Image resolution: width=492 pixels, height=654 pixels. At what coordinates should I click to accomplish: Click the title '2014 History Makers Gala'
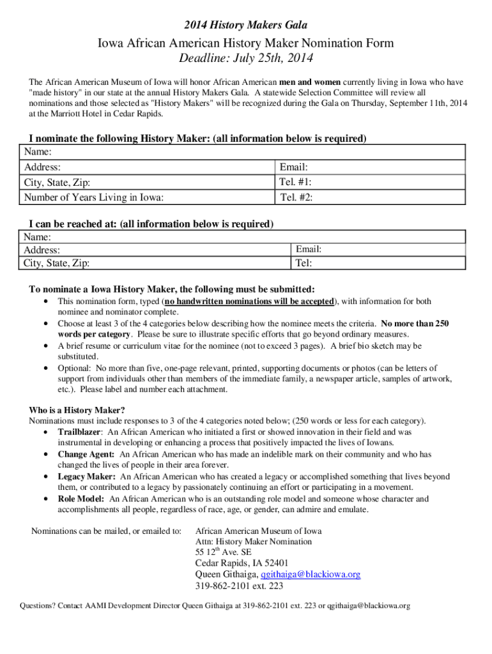tap(246, 25)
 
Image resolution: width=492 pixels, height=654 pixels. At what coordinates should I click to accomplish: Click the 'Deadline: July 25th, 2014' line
tap(246, 59)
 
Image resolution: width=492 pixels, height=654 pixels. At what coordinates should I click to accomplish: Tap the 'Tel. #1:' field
tap(370, 182)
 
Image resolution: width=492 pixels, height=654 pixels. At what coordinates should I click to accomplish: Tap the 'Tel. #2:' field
tap(370, 197)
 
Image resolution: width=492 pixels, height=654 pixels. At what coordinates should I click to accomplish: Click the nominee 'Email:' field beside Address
tap(370, 167)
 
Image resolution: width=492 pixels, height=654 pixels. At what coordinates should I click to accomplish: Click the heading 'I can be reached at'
tap(151, 224)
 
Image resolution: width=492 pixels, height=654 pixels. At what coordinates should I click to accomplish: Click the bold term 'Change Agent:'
tap(86, 454)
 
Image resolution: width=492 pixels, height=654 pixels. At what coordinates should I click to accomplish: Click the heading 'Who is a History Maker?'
tap(77, 409)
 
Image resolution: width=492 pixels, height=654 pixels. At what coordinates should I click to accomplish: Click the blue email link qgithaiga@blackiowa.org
tap(306, 574)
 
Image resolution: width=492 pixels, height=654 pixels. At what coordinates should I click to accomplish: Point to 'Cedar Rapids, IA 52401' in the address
tap(242, 563)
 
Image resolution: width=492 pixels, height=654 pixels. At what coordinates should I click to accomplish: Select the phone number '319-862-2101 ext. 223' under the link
tap(239, 586)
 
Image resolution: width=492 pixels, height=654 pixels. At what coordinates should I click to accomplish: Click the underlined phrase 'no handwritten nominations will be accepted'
tap(249, 301)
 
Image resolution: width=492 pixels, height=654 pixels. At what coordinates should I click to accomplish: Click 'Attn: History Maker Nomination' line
tap(254, 542)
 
